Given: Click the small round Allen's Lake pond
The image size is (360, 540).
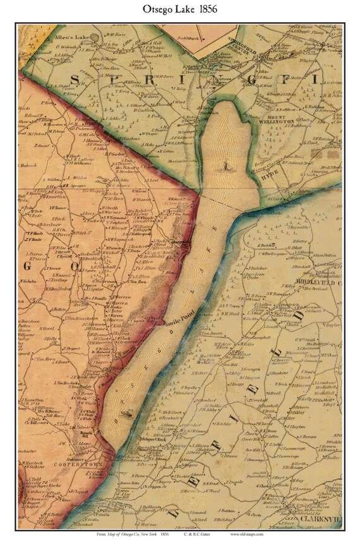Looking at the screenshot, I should [x=94, y=37].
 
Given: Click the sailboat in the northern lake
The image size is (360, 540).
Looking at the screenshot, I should [x=225, y=165].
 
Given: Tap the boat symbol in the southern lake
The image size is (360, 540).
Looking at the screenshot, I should [x=124, y=414].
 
